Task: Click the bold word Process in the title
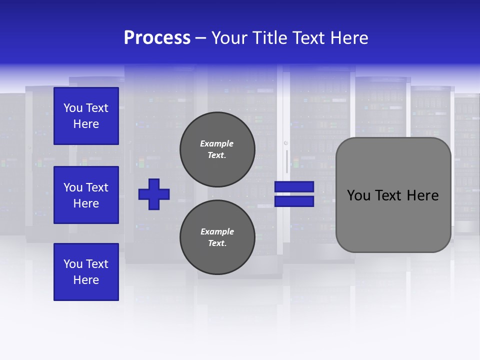[x=157, y=38]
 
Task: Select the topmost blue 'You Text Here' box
[x=86, y=116]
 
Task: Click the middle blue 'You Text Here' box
[x=86, y=195]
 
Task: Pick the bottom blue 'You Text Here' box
[x=86, y=272]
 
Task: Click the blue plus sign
[x=154, y=194]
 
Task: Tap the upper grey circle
[x=217, y=149]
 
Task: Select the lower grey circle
[x=217, y=237]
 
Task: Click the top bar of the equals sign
[x=294, y=186]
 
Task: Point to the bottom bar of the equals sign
[x=294, y=201]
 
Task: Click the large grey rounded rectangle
[x=393, y=194]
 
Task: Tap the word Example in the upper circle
[x=216, y=143]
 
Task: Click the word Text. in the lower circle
[x=217, y=243]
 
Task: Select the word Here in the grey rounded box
[x=422, y=195]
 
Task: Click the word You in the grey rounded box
[x=359, y=195]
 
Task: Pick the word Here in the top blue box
[x=86, y=124]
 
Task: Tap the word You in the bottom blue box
[x=73, y=264]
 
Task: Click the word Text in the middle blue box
[x=97, y=187]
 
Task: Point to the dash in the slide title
[x=201, y=38]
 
